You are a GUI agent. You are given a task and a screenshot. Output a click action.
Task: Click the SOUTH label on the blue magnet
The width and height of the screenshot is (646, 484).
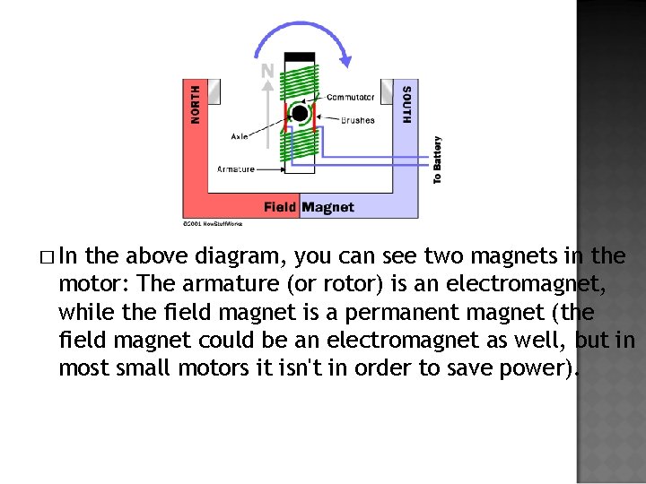[x=406, y=105]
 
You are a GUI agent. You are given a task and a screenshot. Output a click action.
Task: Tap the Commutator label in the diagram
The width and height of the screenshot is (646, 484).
[x=351, y=97]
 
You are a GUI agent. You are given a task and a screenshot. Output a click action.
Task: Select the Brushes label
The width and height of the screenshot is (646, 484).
[x=357, y=120]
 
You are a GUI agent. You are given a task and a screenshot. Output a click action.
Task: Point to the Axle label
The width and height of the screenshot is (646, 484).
[x=240, y=136]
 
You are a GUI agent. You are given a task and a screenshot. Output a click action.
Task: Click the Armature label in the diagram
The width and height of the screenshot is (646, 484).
[x=236, y=169]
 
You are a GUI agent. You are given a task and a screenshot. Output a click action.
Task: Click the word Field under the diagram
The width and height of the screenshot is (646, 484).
[x=280, y=207]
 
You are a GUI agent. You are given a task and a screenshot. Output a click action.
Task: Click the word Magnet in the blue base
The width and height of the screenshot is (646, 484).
[x=327, y=207]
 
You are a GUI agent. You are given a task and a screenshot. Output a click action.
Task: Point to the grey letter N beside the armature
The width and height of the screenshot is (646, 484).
[x=267, y=70]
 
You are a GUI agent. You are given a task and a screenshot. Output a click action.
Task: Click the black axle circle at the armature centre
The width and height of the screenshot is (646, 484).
[x=300, y=114]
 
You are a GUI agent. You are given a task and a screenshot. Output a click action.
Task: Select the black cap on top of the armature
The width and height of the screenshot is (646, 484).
[x=300, y=56]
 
